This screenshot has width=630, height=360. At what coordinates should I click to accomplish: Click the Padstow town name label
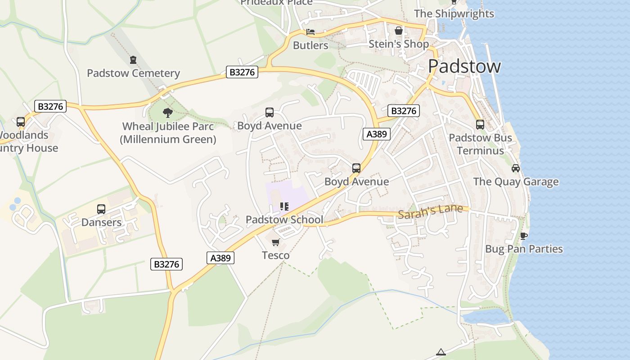coord(464,66)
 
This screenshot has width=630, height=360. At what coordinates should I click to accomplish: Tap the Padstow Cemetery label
coord(133,73)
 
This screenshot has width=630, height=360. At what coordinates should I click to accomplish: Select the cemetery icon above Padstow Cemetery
coord(133,60)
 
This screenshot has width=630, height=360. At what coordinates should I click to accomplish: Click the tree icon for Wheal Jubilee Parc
coord(168,112)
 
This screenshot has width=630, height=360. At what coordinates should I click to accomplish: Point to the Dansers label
coord(101,222)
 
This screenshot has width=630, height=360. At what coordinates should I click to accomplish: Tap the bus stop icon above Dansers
coord(101,209)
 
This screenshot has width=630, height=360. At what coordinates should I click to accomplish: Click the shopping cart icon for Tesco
coord(276,243)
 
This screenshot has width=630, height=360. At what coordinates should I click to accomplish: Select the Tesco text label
coord(276,256)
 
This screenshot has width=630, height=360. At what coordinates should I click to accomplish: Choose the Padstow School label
coord(284,220)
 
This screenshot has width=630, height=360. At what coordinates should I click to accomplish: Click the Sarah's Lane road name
coord(430,211)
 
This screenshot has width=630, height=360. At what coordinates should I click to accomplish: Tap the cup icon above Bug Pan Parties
coord(523,236)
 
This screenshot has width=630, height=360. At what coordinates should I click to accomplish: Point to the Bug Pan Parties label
coord(524,249)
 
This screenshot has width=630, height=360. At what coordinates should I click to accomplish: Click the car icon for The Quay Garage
coord(516,168)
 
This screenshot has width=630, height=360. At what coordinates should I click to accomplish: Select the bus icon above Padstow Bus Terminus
coord(480,125)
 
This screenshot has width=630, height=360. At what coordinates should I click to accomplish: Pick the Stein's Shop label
coord(399,44)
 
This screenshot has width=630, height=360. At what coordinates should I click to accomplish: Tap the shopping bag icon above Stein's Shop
coord(399,31)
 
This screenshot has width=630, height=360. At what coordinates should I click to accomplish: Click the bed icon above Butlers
coord(310,32)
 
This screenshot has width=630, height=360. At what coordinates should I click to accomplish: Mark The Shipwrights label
coord(454,13)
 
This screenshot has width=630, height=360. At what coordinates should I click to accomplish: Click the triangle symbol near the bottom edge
coord(441,352)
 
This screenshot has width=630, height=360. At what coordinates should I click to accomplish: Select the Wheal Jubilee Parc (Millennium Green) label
coord(168,133)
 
